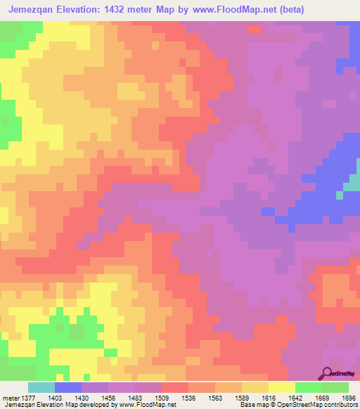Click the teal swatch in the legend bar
tap(41, 387)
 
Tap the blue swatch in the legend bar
tap(68, 387)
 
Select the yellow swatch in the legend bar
tap(282, 387)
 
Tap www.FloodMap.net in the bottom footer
tap(148, 405)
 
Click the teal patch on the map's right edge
tap(351, 187)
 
